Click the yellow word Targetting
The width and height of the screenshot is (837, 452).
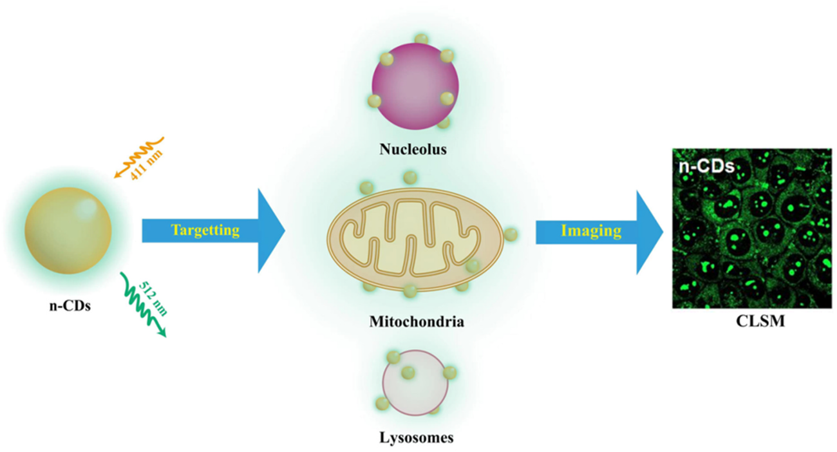204,231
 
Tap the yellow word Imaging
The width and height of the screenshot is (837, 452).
590,231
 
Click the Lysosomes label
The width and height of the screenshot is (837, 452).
415,438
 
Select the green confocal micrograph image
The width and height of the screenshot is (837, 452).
751,229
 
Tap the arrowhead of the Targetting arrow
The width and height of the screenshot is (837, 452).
270,231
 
